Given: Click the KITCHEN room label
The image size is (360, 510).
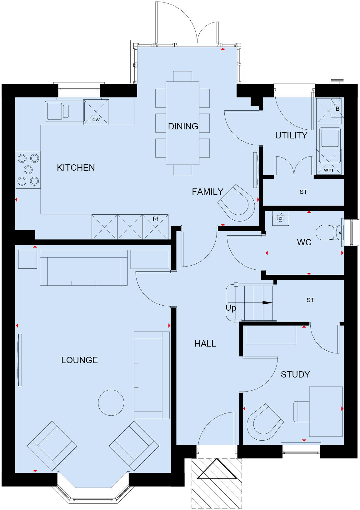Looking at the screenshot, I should coord(76,167).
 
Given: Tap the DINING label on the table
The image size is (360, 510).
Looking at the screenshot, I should coord(183,126).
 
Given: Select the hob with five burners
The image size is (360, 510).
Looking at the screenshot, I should coord(28,170).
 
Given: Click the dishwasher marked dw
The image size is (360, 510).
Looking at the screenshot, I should coord(96,112).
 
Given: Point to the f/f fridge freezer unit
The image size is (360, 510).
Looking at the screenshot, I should coord(155,227).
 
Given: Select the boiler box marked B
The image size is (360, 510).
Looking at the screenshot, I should coord(337,109).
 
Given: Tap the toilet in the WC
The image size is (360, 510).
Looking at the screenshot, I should coord(328,233).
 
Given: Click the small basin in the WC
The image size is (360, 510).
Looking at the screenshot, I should coord(280,218).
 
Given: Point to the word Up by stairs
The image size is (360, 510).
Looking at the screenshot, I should coord(231,308).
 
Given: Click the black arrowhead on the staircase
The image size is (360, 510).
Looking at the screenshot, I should coord(267,302).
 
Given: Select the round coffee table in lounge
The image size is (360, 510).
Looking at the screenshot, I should coord(111,402).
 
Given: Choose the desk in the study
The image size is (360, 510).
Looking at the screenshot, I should coord(326,412).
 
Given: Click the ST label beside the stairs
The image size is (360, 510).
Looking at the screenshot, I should coord(310,300).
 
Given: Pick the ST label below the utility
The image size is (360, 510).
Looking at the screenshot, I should coord(303,192).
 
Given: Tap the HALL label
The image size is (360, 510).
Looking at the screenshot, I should coord(205,343).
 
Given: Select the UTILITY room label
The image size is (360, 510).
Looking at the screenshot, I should coord(291,135).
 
